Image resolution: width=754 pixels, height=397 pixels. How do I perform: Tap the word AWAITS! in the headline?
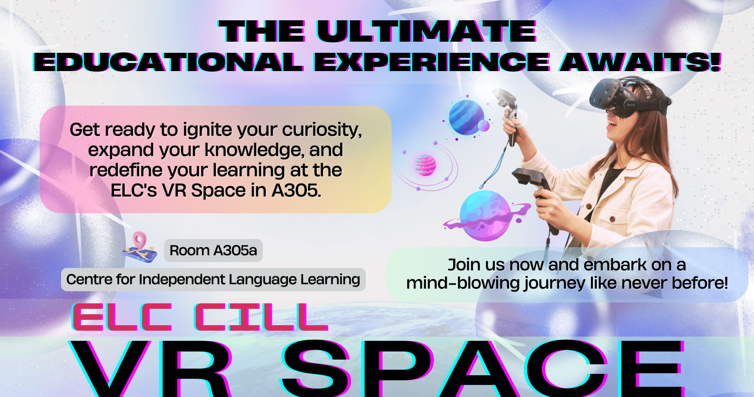[x=640, y=62]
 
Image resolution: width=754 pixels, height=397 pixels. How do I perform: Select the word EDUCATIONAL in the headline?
[x=169, y=62]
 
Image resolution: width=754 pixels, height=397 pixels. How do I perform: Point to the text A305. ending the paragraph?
[x=296, y=191]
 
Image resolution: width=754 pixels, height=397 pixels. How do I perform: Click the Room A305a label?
[x=213, y=251]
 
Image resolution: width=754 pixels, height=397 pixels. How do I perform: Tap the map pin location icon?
[x=139, y=247]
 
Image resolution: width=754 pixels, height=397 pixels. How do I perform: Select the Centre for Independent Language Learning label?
[x=213, y=279]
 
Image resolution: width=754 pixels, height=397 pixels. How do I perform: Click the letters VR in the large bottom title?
[x=151, y=369]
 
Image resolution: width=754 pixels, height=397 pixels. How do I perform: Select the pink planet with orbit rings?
[x=425, y=165]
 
